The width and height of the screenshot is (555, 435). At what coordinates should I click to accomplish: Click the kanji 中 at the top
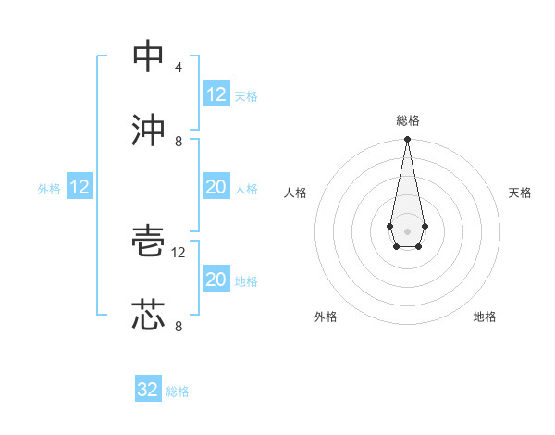148,56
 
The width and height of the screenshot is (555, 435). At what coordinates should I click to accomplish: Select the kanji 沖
148,130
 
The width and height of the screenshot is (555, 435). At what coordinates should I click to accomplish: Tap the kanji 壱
148,242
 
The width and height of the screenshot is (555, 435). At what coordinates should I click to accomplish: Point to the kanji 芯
148,316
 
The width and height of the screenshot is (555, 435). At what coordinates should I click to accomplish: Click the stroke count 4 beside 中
178,68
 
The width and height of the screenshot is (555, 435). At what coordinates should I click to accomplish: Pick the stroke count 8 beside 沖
178,142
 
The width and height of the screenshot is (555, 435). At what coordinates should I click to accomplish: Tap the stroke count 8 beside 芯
178,327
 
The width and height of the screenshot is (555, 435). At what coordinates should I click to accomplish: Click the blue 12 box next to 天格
216,94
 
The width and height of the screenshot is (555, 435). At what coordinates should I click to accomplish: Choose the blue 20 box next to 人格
216,187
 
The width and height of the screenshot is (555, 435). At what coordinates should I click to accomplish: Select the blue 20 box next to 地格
216,280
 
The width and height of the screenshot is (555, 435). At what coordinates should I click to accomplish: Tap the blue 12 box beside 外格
79,187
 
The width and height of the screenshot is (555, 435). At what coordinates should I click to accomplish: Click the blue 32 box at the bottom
147,390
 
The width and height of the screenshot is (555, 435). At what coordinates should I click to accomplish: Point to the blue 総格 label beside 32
178,391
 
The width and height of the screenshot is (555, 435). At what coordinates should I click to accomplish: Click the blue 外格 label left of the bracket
49,189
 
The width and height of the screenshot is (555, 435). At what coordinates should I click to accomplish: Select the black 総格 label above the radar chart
407,120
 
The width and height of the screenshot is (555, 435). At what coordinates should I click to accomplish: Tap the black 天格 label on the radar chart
520,193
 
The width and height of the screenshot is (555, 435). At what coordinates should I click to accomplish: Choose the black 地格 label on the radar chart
485,317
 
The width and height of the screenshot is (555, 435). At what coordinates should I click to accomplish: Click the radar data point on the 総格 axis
407,140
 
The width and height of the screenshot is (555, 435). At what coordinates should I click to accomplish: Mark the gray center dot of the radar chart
407,230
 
